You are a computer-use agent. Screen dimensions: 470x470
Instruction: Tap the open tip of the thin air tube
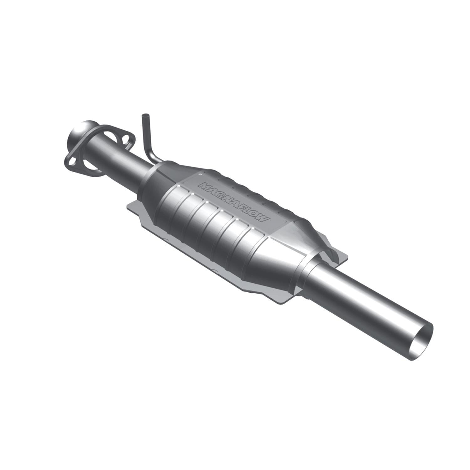click(144, 116)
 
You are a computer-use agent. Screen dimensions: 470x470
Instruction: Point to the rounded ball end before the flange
click(77, 131)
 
